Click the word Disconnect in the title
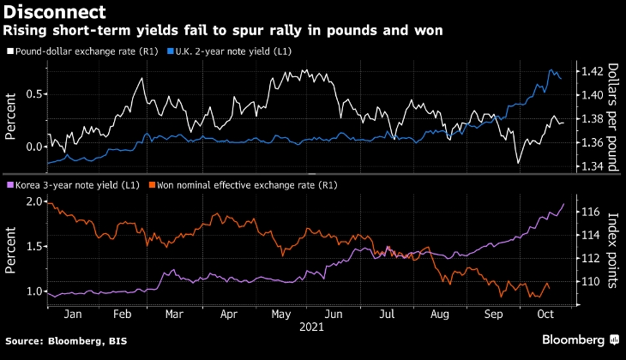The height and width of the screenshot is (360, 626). coord(56,12)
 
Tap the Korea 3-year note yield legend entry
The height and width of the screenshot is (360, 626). coord(77,184)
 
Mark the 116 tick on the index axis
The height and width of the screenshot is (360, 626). coord(589,211)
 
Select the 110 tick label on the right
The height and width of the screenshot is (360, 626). coord(589,282)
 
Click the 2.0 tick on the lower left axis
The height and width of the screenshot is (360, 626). coord(34,201)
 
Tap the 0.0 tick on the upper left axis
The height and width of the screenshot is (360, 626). coord(34,147)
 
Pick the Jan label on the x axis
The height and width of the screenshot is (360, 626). coord(74,315)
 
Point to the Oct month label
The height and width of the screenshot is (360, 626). coord(546,315)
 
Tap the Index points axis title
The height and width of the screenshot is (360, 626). coord(613,250)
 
